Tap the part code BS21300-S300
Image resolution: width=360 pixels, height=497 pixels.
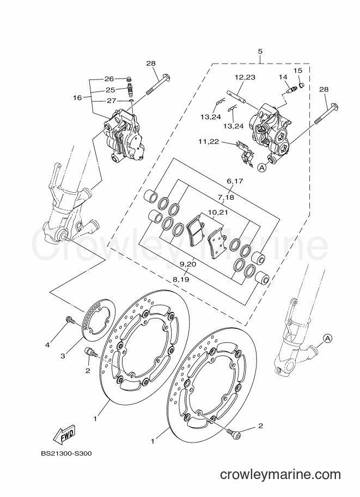point(66,453)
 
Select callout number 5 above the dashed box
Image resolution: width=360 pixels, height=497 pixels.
point(260,52)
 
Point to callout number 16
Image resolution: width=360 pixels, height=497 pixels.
point(77,98)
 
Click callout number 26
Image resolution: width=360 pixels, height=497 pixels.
point(109,78)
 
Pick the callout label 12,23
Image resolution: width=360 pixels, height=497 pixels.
point(245,77)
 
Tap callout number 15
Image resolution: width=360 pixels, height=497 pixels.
point(298,70)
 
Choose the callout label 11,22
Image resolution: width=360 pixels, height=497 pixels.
point(209,142)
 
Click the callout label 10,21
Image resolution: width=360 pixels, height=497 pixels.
point(218,212)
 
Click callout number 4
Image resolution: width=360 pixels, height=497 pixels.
point(47,345)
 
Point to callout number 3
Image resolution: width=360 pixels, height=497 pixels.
point(63,356)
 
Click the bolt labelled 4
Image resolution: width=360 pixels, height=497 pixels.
point(70,320)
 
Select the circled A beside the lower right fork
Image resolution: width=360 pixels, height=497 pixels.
point(328,338)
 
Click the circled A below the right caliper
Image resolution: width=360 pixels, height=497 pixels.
point(262,168)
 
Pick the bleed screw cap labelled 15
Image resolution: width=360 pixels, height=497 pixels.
point(302,84)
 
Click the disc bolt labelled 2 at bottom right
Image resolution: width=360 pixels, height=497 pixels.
point(234,433)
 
